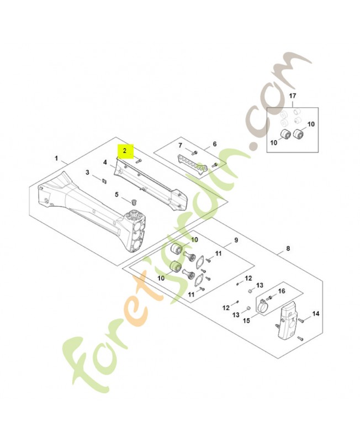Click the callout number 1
pyautogui.click(x=56, y=159)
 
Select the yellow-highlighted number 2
pyautogui.click(x=125, y=150)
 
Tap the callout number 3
pyautogui.click(x=87, y=173)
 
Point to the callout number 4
pyautogui.click(x=104, y=162)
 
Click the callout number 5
pyautogui.click(x=117, y=194)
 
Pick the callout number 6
pyautogui.click(x=215, y=145)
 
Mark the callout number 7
pyautogui.click(x=179, y=145)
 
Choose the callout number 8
pyautogui.click(x=287, y=249)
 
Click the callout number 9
pyautogui.click(x=236, y=240)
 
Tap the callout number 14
pyautogui.click(x=316, y=314)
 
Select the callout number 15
pyautogui.click(x=246, y=320)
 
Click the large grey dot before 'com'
pyautogui.click(x=253, y=146)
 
